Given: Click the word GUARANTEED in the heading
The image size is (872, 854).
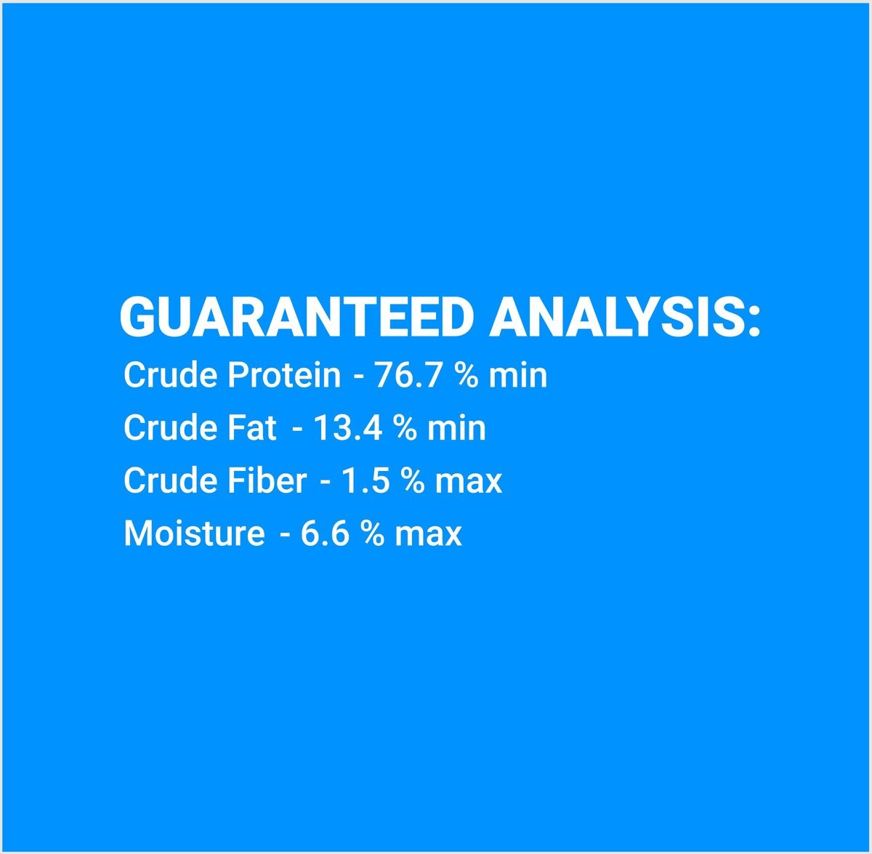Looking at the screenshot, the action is click(297, 317).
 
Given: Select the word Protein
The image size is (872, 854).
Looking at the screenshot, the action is click(283, 375).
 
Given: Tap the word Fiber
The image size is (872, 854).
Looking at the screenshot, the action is click(267, 480).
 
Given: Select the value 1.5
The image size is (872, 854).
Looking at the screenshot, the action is click(366, 480).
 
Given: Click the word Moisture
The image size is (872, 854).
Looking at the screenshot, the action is click(194, 533).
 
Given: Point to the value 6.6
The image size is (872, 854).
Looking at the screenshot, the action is click(325, 533).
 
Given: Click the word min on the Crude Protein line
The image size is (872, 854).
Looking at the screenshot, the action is click(517, 375).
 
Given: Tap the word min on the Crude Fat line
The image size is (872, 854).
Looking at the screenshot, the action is click(456, 427).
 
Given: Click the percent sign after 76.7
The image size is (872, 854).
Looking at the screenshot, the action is click(466, 375).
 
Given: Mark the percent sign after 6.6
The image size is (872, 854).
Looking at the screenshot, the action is click(373, 533).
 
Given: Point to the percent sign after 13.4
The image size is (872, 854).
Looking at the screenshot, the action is click(405, 427).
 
